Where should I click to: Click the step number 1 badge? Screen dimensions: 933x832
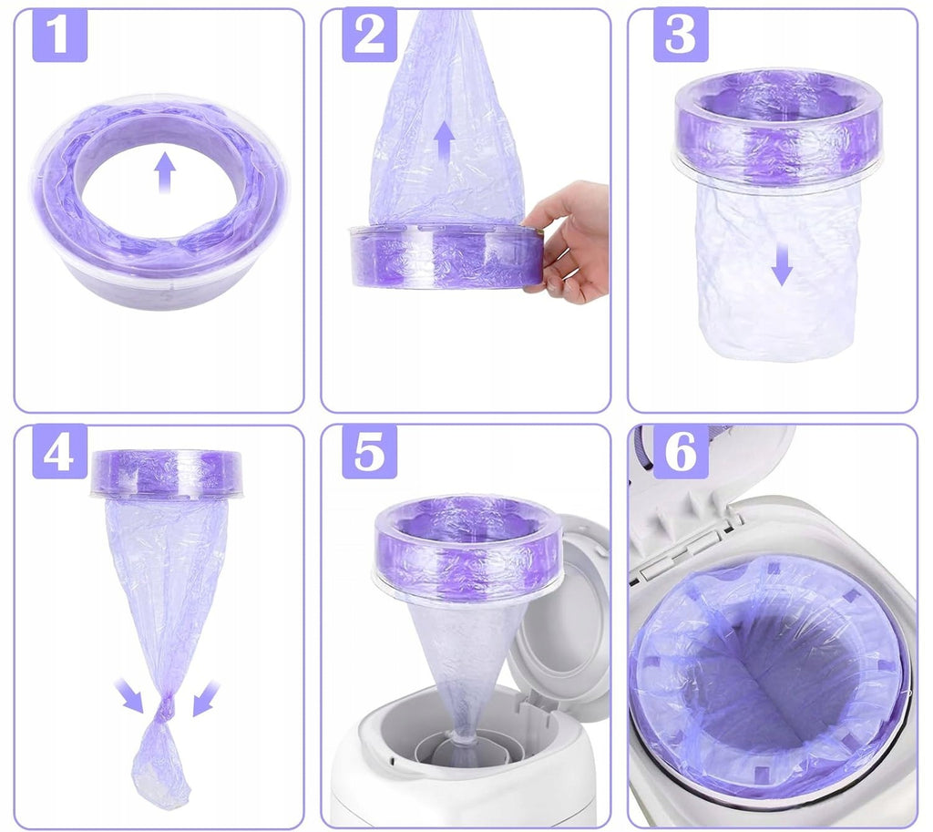(59, 35)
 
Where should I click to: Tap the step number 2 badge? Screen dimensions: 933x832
(369, 35)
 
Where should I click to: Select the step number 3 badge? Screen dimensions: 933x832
(681, 35)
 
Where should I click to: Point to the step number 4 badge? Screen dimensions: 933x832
(59, 452)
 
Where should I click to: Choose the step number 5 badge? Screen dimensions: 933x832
(369, 452)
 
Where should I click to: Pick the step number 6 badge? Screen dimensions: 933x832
(681, 452)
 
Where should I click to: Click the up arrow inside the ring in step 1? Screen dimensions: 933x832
(165, 172)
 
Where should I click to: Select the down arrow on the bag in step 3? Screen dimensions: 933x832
(782, 265)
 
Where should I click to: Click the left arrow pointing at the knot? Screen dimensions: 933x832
(130, 697)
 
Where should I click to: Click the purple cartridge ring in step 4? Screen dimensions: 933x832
(166, 473)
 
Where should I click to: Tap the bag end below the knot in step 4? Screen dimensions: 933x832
(160, 763)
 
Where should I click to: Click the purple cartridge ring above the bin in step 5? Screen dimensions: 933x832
(469, 548)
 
